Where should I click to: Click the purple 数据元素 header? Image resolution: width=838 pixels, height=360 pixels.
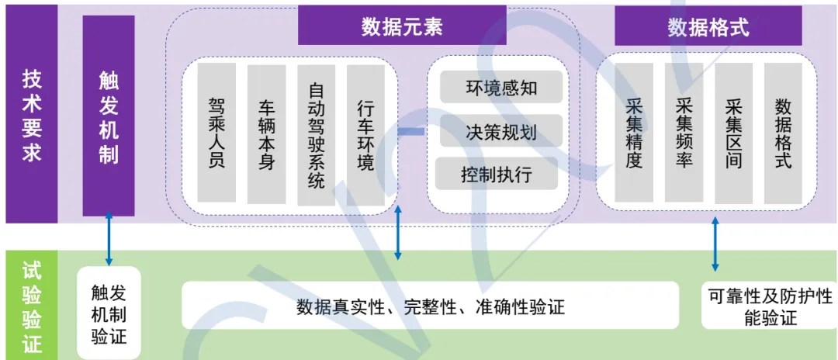pos(402,26)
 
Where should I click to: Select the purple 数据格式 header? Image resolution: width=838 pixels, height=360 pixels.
pos(708,27)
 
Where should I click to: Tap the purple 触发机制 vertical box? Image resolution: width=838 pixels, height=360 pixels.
pos(109,116)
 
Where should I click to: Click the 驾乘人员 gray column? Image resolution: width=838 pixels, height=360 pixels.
pos(217,133)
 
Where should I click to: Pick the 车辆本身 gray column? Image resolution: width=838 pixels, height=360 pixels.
pos(267,133)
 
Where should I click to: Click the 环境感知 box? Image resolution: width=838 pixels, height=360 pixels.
pos(500,88)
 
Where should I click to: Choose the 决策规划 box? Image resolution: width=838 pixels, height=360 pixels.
pos(500,130)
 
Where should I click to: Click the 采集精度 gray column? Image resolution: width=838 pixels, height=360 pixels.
pos(634,133)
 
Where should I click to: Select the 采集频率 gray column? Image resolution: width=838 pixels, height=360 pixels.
pos(684,133)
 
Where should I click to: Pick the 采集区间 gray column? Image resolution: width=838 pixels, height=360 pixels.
pos(733,133)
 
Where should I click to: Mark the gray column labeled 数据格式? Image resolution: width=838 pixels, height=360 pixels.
pos(783,133)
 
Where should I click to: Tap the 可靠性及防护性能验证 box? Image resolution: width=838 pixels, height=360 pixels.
pos(770,306)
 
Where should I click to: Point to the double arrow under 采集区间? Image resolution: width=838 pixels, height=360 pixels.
pos(715,244)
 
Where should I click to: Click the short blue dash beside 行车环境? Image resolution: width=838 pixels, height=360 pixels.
pos(411,132)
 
